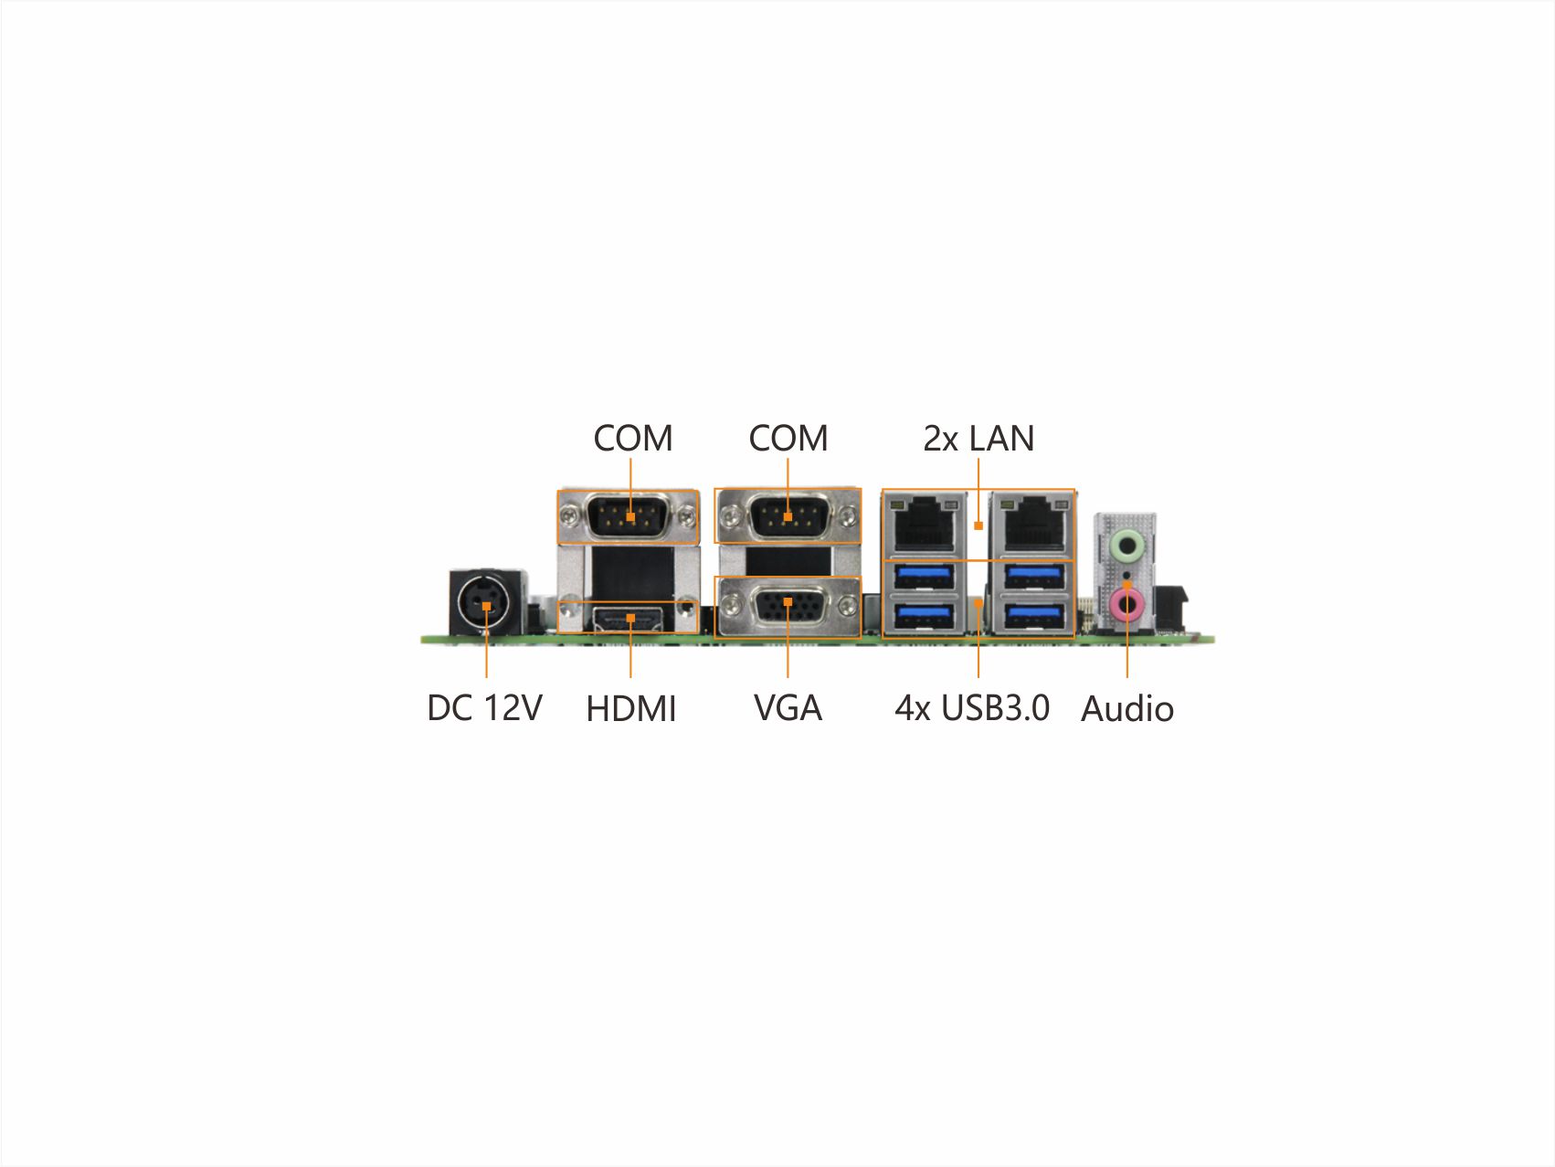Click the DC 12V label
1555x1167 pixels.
tap(484, 707)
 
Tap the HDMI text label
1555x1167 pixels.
tap(630, 709)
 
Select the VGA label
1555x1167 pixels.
tap(788, 707)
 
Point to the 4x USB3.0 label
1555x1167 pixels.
tap(972, 707)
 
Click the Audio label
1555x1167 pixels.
tap(1127, 708)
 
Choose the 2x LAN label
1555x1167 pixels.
tap(978, 439)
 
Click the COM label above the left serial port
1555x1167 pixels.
tap(632, 439)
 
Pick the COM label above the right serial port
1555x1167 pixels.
tap(788, 439)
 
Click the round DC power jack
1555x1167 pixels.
tap(486, 604)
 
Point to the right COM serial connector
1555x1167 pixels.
tap(788, 517)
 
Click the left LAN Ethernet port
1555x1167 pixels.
tap(924, 524)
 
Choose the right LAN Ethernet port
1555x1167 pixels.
tap(1033, 524)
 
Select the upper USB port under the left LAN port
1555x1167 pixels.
tap(926, 577)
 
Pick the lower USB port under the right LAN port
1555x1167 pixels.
tap(1033, 616)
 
